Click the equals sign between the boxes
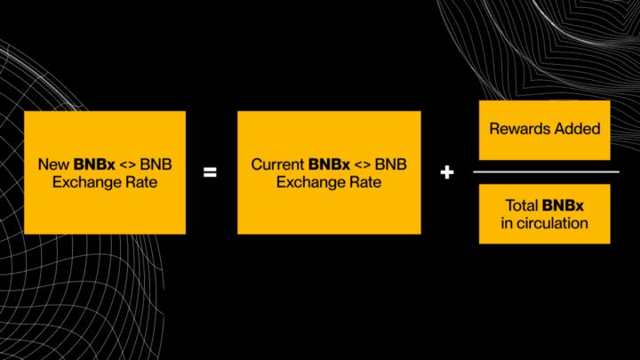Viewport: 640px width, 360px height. pyautogui.click(x=210, y=172)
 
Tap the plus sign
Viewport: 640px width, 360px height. pyautogui.click(x=446, y=172)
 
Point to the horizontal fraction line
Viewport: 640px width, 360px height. pyautogui.click(x=545, y=172)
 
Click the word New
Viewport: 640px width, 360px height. pyautogui.click(x=52, y=164)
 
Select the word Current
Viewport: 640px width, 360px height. pyautogui.click(x=277, y=164)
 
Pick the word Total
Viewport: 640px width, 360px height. pyautogui.click(x=523, y=205)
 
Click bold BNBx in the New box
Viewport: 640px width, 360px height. pyautogui.click(x=89, y=164)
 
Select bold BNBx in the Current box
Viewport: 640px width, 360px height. pyautogui.click(x=329, y=164)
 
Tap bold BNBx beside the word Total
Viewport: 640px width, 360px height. pyautogui.click(x=567, y=205)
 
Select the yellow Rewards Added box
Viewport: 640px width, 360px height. pyautogui.click(x=545, y=129)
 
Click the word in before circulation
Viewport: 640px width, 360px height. pyautogui.click(x=507, y=223)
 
